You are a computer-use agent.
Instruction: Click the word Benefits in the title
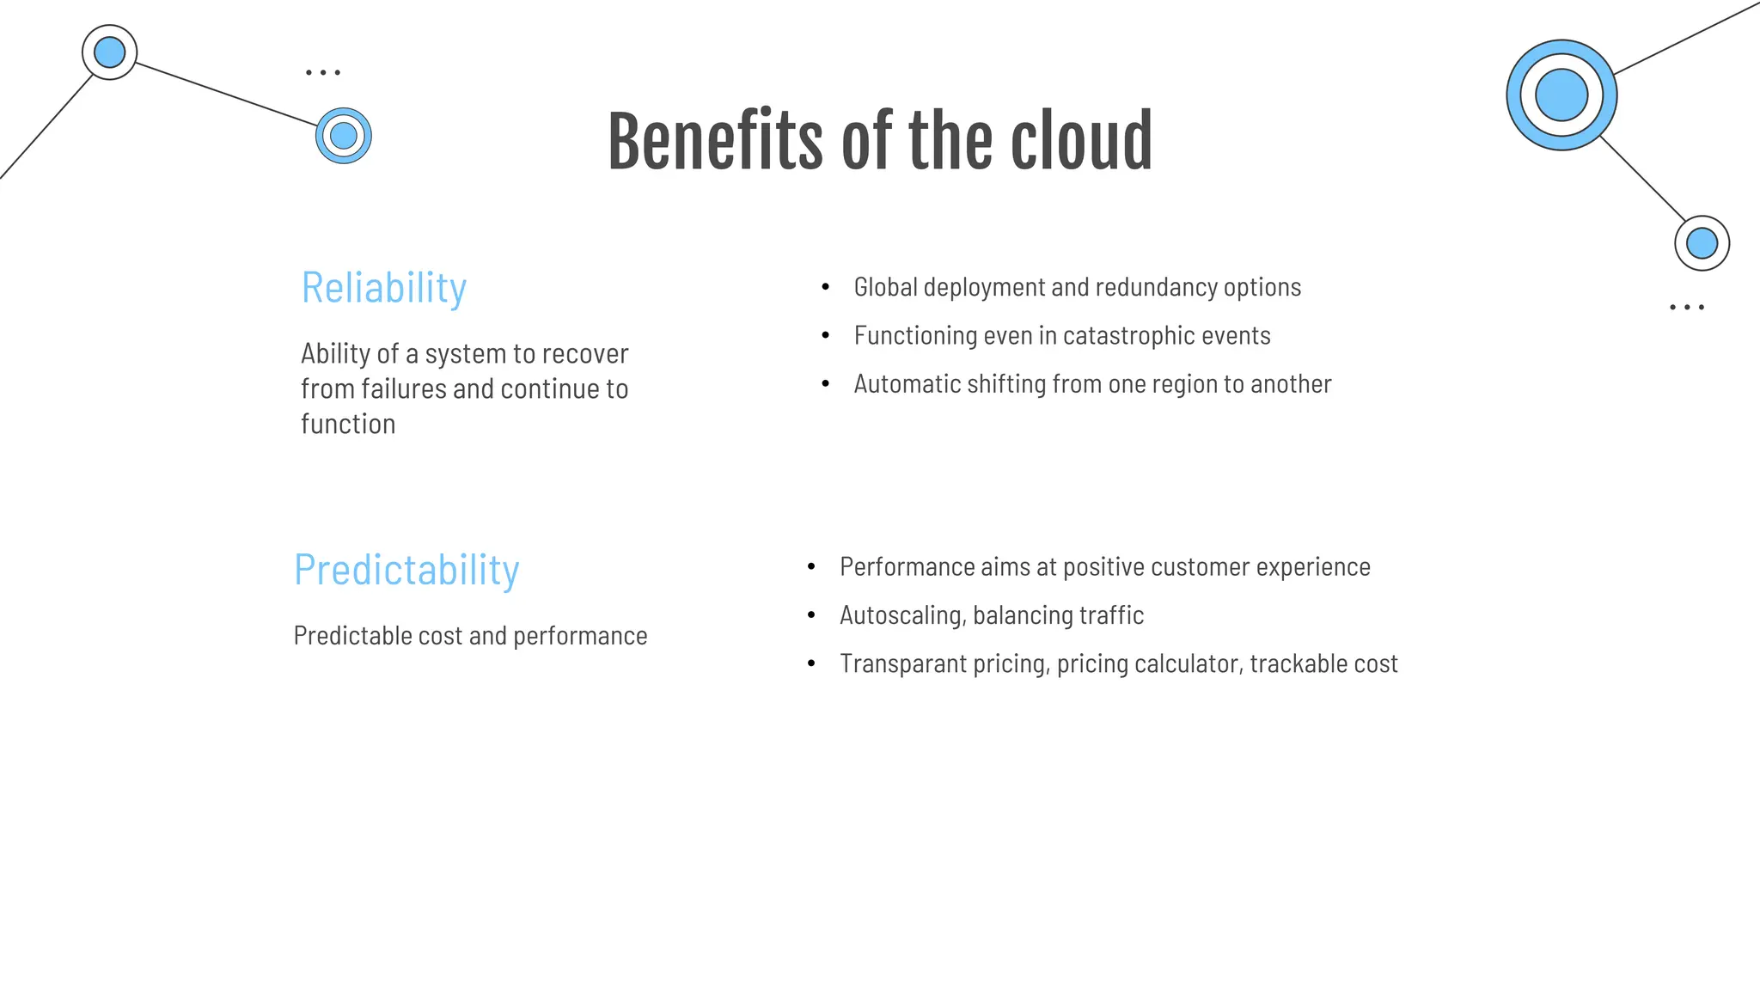click(714, 142)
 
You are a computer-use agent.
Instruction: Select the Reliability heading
click(383, 288)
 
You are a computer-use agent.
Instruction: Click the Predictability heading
click(406, 570)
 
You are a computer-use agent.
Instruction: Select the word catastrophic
click(1128, 335)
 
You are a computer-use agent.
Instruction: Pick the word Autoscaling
click(902, 616)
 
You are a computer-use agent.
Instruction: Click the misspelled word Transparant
click(902, 664)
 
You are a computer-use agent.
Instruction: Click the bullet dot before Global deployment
click(826, 287)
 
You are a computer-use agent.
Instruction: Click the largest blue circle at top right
click(1561, 95)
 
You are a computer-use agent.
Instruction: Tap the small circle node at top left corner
click(109, 52)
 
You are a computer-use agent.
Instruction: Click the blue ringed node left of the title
click(344, 136)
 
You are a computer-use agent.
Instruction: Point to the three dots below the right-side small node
click(1687, 307)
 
